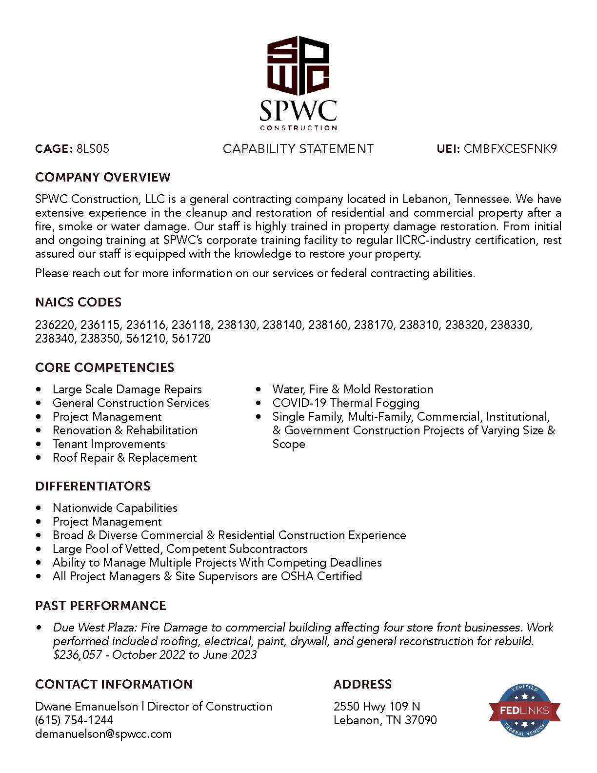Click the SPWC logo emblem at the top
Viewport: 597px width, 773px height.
pyautogui.click(x=298, y=66)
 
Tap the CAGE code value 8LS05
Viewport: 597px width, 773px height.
pyautogui.click(x=93, y=149)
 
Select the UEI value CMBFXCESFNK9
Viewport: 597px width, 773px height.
pyautogui.click(x=510, y=149)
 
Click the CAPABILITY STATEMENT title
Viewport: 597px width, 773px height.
pyautogui.click(x=298, y=149)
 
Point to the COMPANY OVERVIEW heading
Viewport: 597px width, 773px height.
pyautogui.click(x=103, y=177)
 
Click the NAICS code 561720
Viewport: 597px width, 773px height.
pyautogui.click(x=191, y=338)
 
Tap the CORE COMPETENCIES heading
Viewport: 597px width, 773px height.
pyautogui.click(x=105, y=367)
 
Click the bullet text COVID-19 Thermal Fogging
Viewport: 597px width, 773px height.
pyautogui.click(x=346, y=403)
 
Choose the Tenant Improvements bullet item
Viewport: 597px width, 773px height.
pyautogui.click(x=109, y=444)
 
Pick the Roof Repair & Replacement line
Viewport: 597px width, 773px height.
pyautogui.click(x=124, y=458)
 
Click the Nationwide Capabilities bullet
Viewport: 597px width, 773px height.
pyautogui.click(x=115, y=508)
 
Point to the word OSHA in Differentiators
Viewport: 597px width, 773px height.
pyautogui.click(x=298, y=576)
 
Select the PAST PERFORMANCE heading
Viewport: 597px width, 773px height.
pyautogui.click(x=100, y=606)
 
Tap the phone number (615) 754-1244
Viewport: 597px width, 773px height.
pyautogui.click(x=74, y=720)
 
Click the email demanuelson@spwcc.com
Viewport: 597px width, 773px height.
pyautogui.click(x=103, y=734)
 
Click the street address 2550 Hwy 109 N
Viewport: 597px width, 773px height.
pyautogui.click(x=377, y=707)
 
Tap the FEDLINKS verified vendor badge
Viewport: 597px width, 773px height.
pyautogui.click(x=524, y=711)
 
